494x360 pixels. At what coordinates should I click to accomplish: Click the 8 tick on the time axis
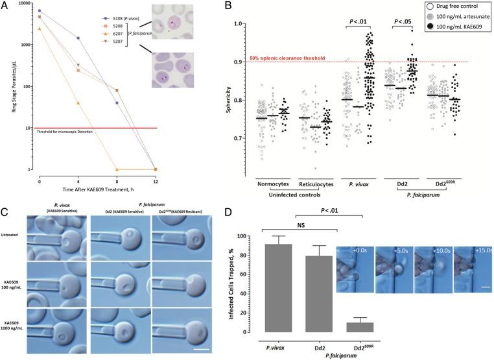pyautogui.click(x=116, y=176)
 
